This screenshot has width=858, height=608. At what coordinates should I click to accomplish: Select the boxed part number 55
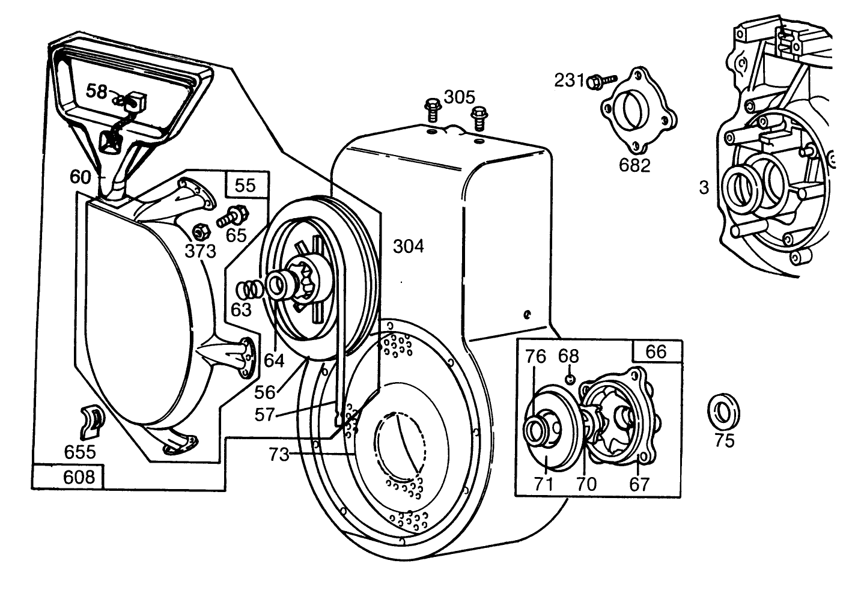244,185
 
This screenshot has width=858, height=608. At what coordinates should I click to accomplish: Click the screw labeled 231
603,80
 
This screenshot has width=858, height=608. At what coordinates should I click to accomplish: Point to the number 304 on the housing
408,246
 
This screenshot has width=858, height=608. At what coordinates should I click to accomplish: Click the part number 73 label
278,455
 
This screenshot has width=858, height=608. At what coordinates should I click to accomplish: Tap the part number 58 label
96,91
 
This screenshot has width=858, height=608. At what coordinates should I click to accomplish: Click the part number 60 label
79,177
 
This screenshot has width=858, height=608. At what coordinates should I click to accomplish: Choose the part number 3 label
704,187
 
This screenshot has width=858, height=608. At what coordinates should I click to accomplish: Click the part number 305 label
460,97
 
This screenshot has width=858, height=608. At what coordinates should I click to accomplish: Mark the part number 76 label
535,356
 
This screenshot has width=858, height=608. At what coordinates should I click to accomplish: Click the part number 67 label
639,484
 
